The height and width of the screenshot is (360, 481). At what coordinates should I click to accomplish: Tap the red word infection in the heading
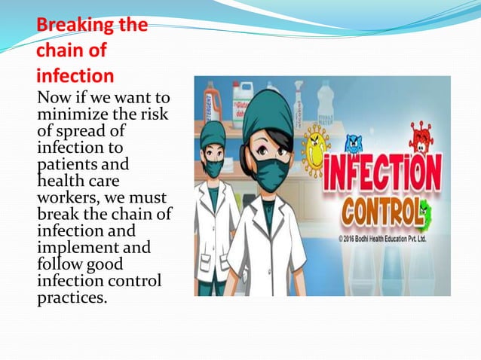click(x=75, y=75)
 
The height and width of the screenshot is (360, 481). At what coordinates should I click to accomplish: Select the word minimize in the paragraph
click(x=69, y=114)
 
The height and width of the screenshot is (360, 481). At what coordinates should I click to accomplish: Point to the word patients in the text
click(x=63, y=163)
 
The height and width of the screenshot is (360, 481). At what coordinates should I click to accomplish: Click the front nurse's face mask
click(x=272, y=172)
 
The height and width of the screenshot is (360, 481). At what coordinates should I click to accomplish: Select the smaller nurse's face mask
click(x=214, y=167)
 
